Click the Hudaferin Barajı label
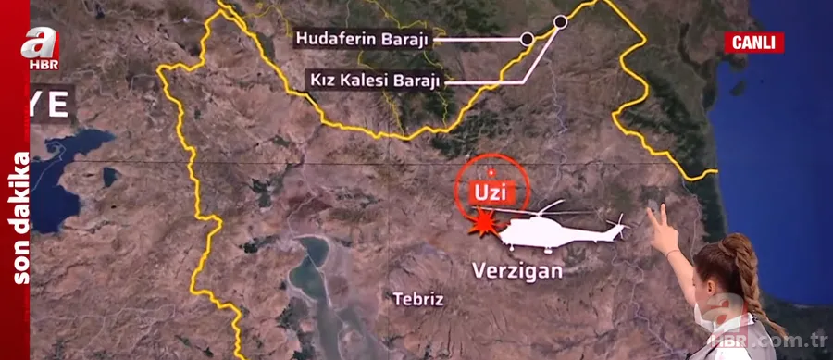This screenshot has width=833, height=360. [364, 39]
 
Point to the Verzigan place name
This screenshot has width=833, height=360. [517, 272]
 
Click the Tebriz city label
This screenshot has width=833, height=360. [418, 299]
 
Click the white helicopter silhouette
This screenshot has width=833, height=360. [555, 230]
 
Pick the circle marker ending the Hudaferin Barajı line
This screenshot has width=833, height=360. [527, 39]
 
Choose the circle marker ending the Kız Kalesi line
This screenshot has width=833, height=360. [560, 20]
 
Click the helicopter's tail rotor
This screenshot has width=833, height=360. [617, 222]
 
